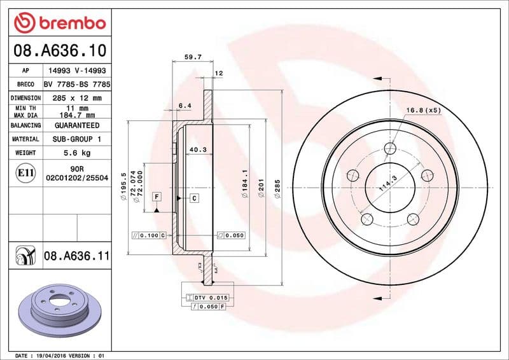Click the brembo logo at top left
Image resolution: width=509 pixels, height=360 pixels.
click(59, 24)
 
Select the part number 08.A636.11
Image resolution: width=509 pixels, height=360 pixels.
click(77, 256)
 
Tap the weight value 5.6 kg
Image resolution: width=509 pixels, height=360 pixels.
click(77, 153)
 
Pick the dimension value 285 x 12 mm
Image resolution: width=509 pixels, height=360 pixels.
click(77, 99)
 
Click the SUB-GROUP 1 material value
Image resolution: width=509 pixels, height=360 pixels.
click(77, 139)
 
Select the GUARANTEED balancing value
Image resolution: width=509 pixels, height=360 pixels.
click(77, 126)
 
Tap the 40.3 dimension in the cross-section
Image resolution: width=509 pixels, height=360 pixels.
click(197, 151)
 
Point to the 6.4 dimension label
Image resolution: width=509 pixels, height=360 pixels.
click(185, 106)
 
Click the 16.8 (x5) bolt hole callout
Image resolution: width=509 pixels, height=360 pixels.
click(423, 110)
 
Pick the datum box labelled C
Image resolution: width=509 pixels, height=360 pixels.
click(195, 198)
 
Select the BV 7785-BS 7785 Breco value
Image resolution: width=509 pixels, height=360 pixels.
click(77, 85)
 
